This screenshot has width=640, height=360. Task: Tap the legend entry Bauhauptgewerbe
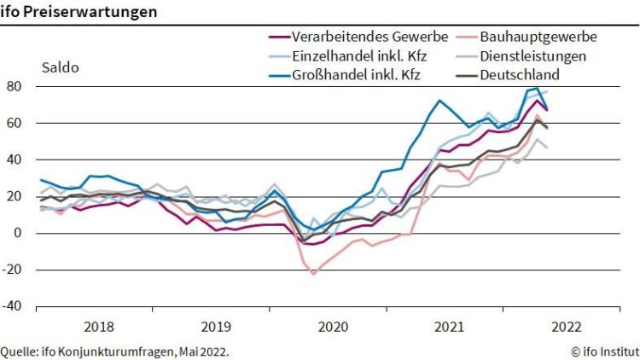[538, 37]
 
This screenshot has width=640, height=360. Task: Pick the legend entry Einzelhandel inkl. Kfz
[357, 55]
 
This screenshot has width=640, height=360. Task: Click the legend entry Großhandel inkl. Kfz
[357, 74]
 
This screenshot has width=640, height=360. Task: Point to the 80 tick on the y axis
[15, 86]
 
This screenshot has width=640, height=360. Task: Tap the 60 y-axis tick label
[15, 123]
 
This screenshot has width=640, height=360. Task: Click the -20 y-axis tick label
[12, 270]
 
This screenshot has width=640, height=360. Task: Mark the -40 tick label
[12, 306]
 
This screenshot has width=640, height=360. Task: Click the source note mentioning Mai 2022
[114, 351]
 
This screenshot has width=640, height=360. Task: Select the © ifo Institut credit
[604, 351]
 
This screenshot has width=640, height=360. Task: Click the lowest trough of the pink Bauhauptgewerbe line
[313, 274]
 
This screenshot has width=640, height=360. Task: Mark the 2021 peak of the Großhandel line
[439, 101]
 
